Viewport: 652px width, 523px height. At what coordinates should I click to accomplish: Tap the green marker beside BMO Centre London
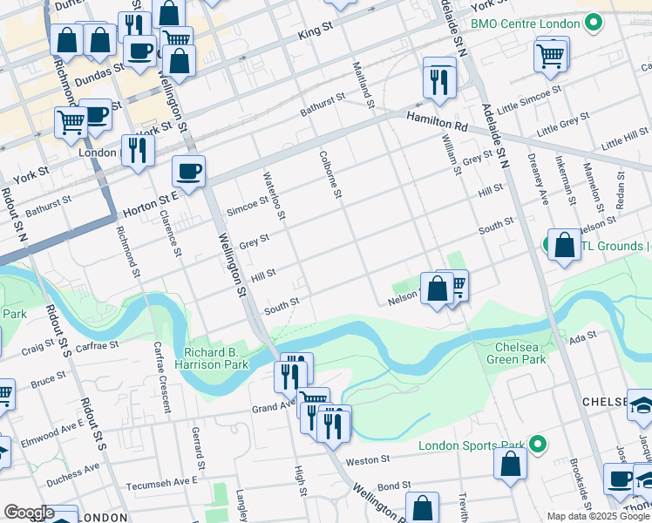[x=594, y=22]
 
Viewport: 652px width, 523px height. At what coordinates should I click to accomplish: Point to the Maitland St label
[x=363, y=85]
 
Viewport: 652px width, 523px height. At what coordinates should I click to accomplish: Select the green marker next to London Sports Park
[x=540, y=445]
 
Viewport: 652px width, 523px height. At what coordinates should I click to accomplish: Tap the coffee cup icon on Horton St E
[x=188, y=171]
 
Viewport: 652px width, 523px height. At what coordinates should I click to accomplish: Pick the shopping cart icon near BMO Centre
[x=551, y=56]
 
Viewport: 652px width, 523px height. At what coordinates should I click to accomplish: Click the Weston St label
[x=367, y=459]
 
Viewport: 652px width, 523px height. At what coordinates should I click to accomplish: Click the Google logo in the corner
[x=28, y=513]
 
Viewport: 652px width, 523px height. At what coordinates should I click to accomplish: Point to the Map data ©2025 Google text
[x=598, y=516]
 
